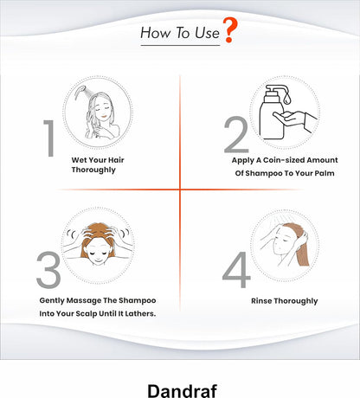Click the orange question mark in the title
click(230, 29)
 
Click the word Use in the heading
click(207, 33)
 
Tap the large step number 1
click(49, 138)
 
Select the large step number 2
click(236, 134)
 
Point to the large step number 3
click(48, 269)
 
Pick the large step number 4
click(236, 270)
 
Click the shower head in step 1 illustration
click(80, 92)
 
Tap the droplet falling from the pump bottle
click(286, 99)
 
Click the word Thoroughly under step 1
click(93, 170)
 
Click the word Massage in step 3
click(84, 300)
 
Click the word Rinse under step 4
click(261, 301)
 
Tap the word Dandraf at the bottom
click(182, 391)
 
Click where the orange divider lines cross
click(180, 189)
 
